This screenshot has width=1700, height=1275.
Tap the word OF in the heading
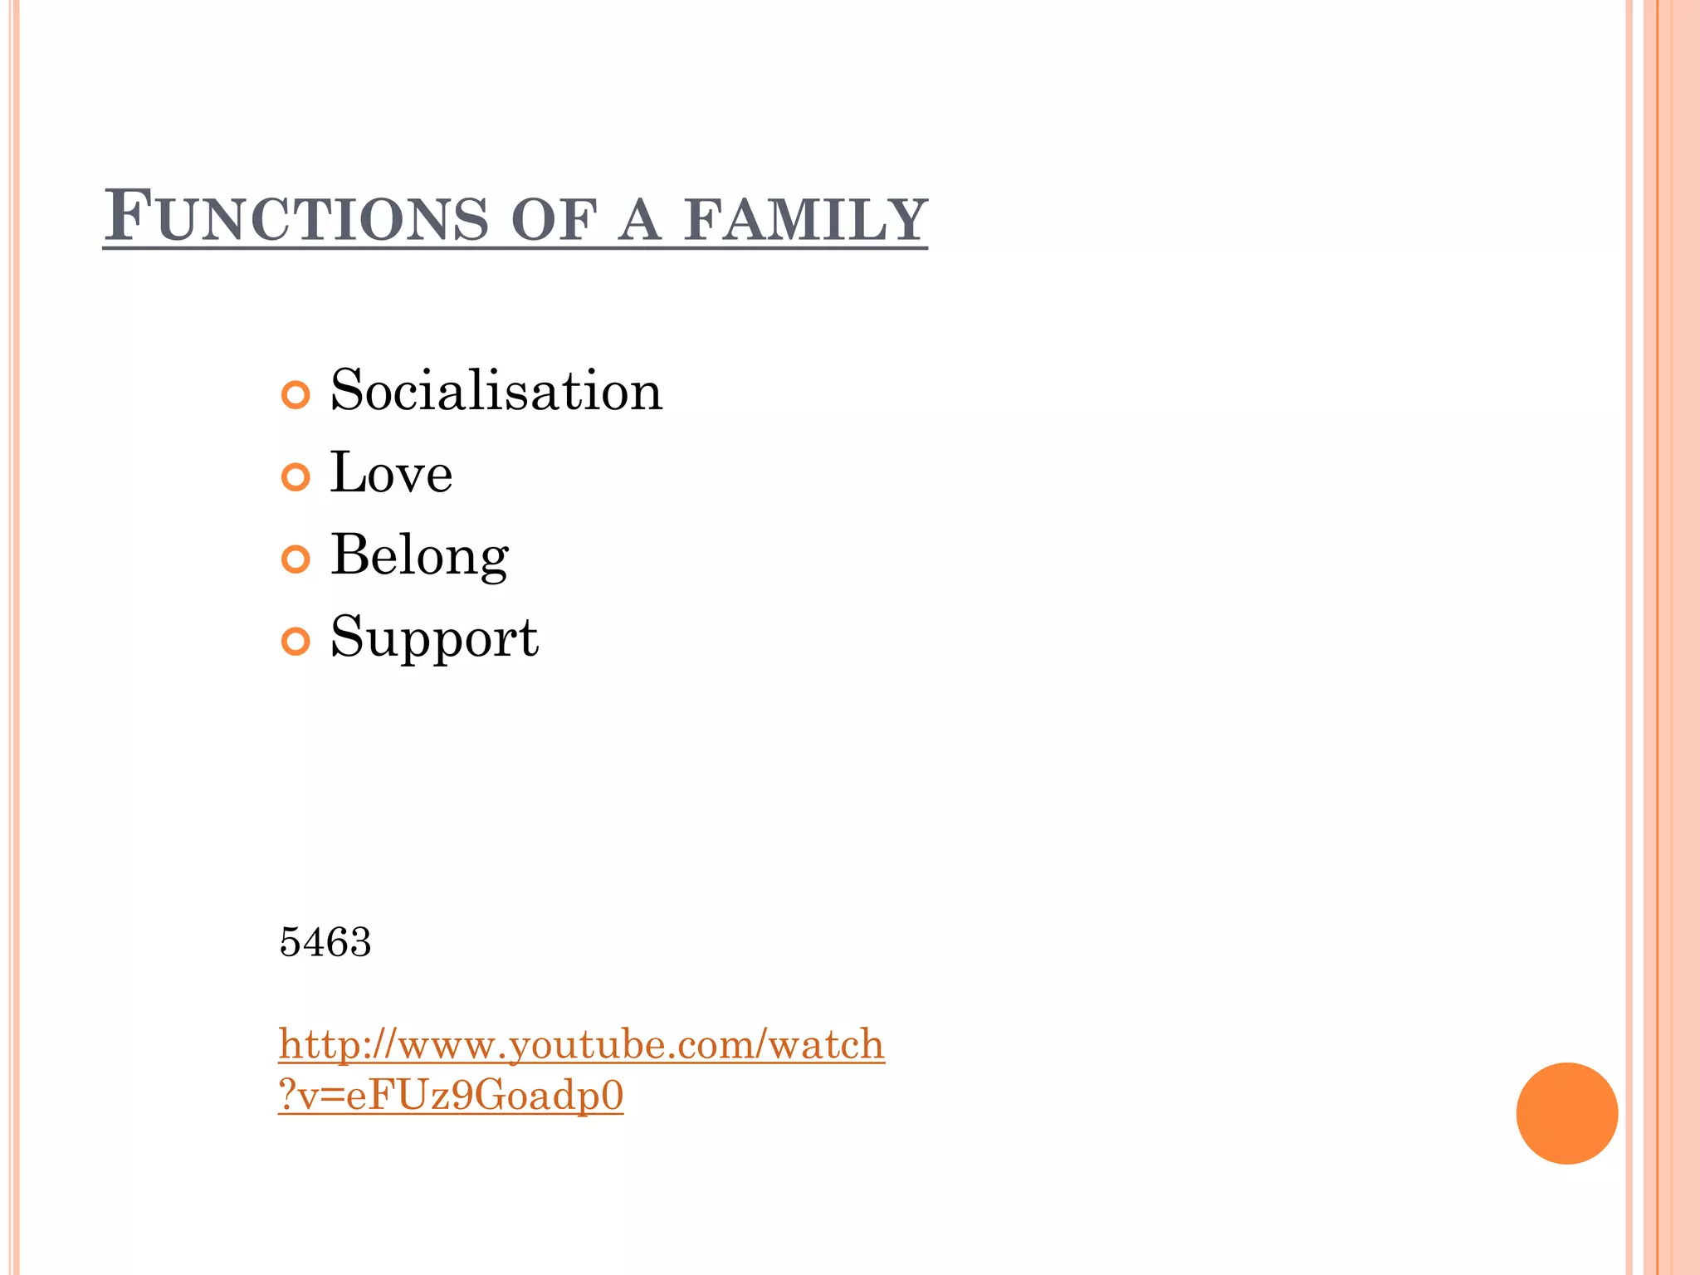554,220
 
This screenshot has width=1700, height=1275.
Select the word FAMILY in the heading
805,220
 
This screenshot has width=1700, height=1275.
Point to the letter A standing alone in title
639,220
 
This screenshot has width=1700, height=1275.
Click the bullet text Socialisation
496,390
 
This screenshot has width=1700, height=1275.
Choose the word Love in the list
391,473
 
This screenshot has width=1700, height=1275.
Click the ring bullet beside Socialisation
296,395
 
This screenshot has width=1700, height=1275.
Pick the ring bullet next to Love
296,477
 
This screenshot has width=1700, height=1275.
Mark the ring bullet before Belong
296,559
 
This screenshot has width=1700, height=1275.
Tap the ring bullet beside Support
296,642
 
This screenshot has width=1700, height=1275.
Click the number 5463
325,942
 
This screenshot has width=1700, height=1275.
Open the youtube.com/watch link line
581,1044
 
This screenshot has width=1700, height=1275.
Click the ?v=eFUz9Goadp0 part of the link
451,1096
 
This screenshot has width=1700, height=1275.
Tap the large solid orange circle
1566,1113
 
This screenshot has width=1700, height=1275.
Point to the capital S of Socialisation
349,390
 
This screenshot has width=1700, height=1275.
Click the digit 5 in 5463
291,942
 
